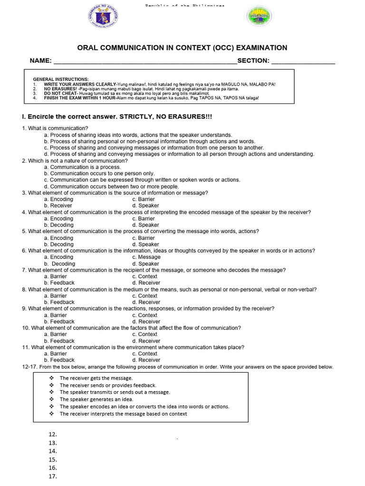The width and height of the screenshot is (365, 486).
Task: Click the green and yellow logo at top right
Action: (x=259, y=18)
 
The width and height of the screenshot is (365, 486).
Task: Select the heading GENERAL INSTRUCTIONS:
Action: (x=60, y=79)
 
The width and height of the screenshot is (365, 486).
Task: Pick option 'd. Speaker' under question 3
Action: (x=146, y=206)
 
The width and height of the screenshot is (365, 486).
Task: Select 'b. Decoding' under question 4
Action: (x=59, y=225)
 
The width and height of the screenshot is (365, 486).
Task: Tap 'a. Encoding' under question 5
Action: (x=59, y=238)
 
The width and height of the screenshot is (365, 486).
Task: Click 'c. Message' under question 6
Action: (x=146, y=257)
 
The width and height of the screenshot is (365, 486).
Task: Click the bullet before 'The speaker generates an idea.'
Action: (x=51, y=400)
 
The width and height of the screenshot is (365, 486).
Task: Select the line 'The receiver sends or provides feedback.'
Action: (x=108, y=385)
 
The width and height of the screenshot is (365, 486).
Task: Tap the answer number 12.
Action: (x=53, y=434)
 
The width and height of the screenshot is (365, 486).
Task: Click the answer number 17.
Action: (x=53, y=477)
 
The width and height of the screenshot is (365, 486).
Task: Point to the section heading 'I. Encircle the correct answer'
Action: (x=114, y=116)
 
